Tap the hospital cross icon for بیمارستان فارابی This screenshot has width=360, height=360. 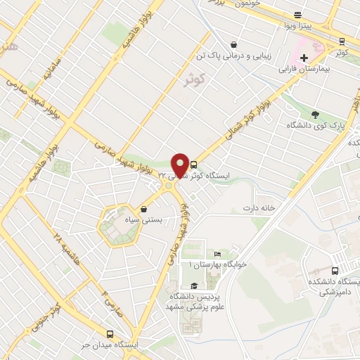(304, 58)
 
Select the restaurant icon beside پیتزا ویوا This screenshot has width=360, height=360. (298, 15)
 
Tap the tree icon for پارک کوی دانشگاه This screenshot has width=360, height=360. (314, 115)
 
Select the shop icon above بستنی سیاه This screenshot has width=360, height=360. (144, 209)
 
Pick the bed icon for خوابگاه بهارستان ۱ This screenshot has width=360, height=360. (217, 254)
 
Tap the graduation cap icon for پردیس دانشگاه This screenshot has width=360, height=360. (194, 285)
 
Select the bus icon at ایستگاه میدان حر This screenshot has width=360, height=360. (109, 334)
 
